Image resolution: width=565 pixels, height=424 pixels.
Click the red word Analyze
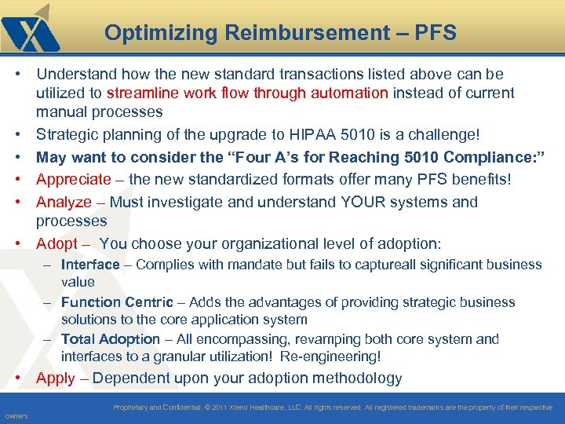pos(64,202)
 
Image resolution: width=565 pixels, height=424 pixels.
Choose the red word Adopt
pos(56,243)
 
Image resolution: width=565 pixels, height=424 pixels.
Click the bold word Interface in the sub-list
pos(90,265)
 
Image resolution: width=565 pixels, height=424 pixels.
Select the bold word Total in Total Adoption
pos(78,339)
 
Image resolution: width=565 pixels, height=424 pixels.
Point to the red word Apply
pos(56,378)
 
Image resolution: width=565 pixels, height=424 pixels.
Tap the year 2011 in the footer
pos(221,408)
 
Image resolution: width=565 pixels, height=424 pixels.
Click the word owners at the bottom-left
pos(15,416)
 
